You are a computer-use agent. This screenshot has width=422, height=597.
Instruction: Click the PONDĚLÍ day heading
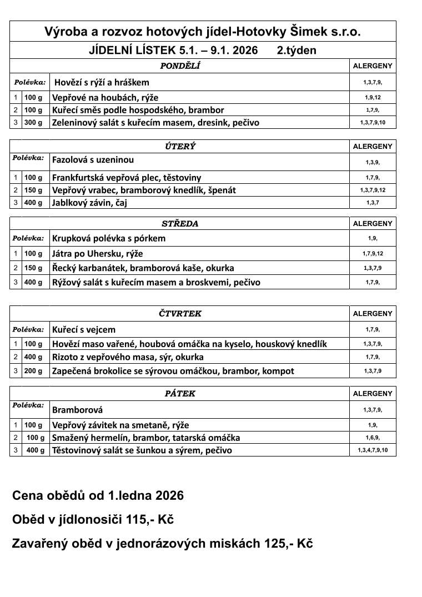click(x=180, y=66)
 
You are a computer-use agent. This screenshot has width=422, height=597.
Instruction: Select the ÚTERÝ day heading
click(x=180, y=147)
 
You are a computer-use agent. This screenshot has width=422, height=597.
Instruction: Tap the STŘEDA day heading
click(x=180, y=224)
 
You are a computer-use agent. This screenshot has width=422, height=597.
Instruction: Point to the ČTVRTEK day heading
click(x=180, y=313)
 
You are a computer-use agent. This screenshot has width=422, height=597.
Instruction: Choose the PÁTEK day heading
click(x=180, y=393)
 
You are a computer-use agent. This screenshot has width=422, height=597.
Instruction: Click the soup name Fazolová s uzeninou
click(x=93, y=160)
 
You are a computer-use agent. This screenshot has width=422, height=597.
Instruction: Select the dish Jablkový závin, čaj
click(x=89, y=203)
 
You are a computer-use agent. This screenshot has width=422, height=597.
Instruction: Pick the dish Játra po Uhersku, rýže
click(x=97, y=254)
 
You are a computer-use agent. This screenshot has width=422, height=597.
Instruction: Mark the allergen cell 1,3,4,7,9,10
click(x=373, y=450)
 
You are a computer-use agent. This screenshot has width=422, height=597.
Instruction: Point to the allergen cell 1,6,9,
click(x=373, y=438)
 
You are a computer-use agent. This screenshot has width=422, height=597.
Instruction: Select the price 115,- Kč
click(x=150, y=520)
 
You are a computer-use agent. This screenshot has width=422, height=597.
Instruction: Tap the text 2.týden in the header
click(x=297, y=51)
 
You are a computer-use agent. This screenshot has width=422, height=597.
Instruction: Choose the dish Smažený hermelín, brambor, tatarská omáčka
click(x=145, y=438)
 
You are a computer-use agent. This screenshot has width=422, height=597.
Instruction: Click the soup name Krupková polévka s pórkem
click(x=109, y=238)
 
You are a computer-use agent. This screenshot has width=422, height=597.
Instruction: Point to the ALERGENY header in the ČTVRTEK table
click(x=373, y=313)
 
